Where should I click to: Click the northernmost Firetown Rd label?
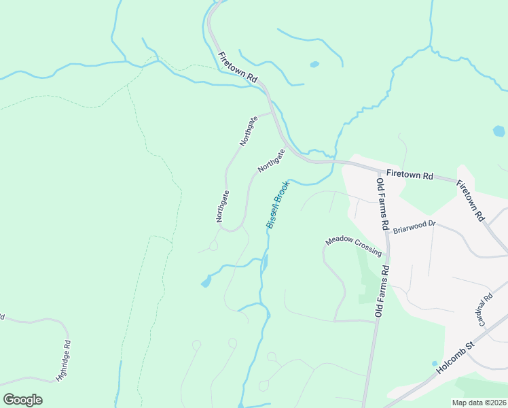(238, 67)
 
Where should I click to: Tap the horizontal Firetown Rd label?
(410, 175)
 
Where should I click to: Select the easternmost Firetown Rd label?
(470, 201)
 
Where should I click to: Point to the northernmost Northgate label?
(249, 131)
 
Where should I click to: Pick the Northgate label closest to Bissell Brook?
(270, 160)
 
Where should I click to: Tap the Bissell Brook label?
(278, 203)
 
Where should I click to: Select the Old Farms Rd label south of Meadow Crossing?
(382, 290)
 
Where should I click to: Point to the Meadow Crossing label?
(353, 245)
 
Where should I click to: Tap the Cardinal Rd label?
(486, 310)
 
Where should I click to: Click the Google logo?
(22, 400)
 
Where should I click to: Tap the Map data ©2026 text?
(479, 403)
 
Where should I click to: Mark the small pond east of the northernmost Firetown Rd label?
(314, 65)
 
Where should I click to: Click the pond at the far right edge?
(499, 131)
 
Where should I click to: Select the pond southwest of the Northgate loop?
(206, 282)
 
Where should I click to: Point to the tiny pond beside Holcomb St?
(435, 363)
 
